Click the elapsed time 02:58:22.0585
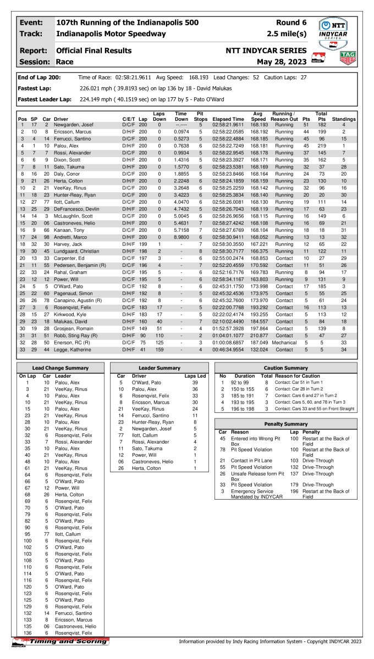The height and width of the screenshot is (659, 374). (228, 132)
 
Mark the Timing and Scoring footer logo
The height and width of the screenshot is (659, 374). (61, 641)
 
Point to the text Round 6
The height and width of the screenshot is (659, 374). (293, 23)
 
